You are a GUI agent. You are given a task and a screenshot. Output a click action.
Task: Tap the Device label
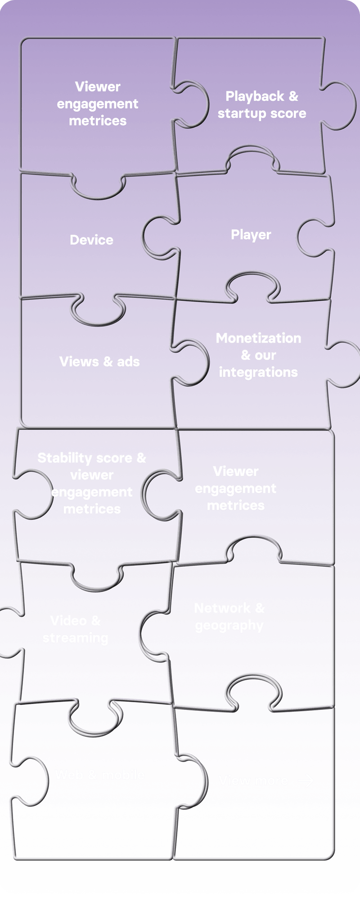[91, 240]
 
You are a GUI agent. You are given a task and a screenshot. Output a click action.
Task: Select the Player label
[251, 235]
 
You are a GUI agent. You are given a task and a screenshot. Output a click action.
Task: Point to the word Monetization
[258, 338]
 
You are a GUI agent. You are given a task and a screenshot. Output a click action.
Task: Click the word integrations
[258, 372]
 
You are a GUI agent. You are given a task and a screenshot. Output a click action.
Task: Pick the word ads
[128, 362]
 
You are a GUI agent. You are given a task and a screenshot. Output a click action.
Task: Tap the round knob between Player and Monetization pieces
[252, 287]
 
